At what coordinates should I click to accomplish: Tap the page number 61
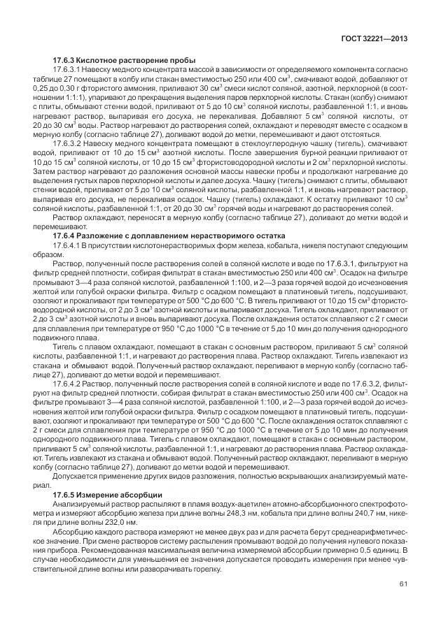click(x=403, y=583)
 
